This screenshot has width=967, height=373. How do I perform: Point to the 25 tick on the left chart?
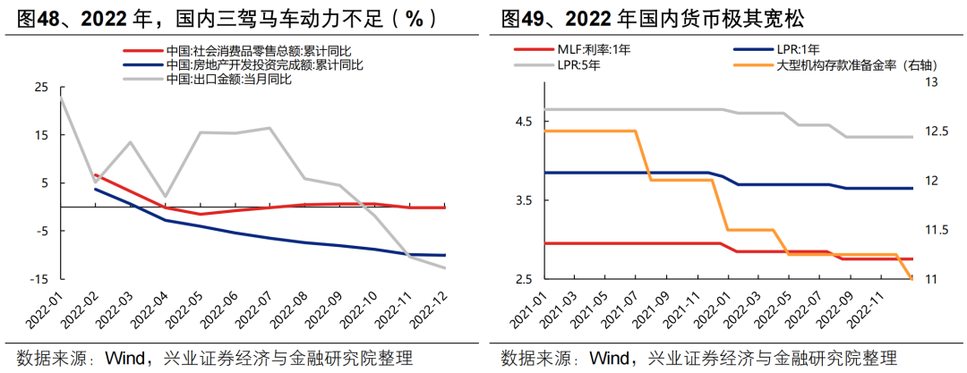click(x=41, y=87)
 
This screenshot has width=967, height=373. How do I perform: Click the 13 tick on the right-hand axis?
click(x=928, y=82)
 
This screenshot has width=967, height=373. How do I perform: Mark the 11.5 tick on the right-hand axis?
click(x=931, y=230)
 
